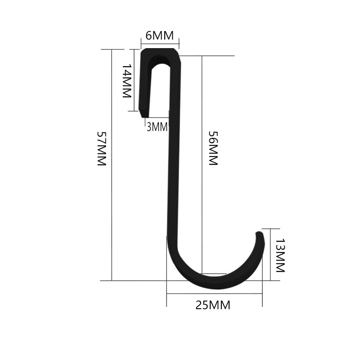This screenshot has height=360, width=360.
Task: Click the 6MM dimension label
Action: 160,36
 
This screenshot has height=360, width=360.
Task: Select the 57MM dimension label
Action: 102,148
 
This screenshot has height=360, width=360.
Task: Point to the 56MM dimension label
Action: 213,148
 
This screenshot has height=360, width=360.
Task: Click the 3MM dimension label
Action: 157,127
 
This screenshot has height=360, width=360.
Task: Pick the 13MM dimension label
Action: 280,255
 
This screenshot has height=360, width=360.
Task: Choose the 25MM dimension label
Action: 213,306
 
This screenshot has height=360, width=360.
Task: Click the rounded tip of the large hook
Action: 260,233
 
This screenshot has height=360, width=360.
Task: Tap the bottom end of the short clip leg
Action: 144,117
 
